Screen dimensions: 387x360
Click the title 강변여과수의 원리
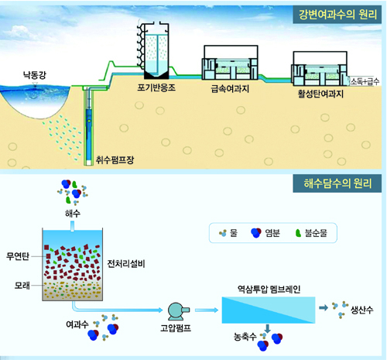coord(337,15)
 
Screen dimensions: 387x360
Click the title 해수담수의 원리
coord(337,183)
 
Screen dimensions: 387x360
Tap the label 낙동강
coord(34,75)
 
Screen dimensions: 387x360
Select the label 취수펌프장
coord(115,160)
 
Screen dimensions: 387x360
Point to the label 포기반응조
coord(156,87)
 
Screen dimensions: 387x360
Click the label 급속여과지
coord(230,89)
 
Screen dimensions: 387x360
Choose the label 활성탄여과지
coord(320,94)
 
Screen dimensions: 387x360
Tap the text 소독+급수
coord(365,81)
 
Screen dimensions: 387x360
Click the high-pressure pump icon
coord(178,311)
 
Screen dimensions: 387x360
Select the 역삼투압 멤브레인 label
coord(269,290)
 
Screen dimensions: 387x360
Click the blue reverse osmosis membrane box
coord(269,310)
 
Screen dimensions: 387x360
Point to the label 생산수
coord(361,310)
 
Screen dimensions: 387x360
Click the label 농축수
coord(245,336)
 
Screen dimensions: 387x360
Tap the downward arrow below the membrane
coord(268,328)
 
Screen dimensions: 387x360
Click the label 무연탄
coord(18,256)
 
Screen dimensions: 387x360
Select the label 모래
coord(22,286)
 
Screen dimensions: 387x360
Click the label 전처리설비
coord(126,264)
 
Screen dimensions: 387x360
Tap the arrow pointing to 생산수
coord(324,307)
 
